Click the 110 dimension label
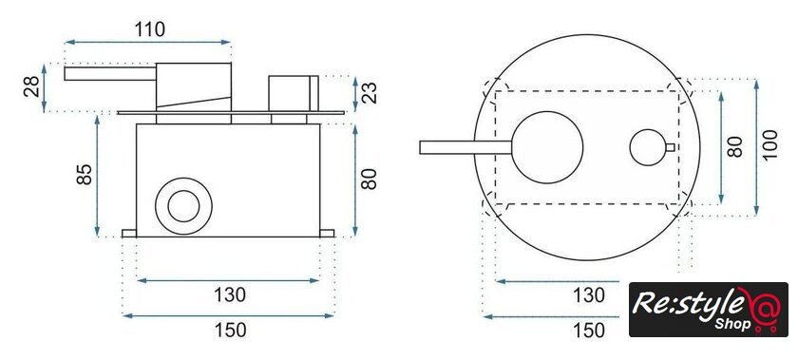tap(150, 29)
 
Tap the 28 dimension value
tap(31, 86)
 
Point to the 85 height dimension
tap(84, 174)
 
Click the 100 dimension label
tap(770, 144)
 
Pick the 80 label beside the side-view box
tap(369, 179)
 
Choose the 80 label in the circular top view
tap(736, 146)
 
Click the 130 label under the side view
tap(230, 294)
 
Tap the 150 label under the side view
tap(230, 330)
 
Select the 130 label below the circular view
tap(589, 294)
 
